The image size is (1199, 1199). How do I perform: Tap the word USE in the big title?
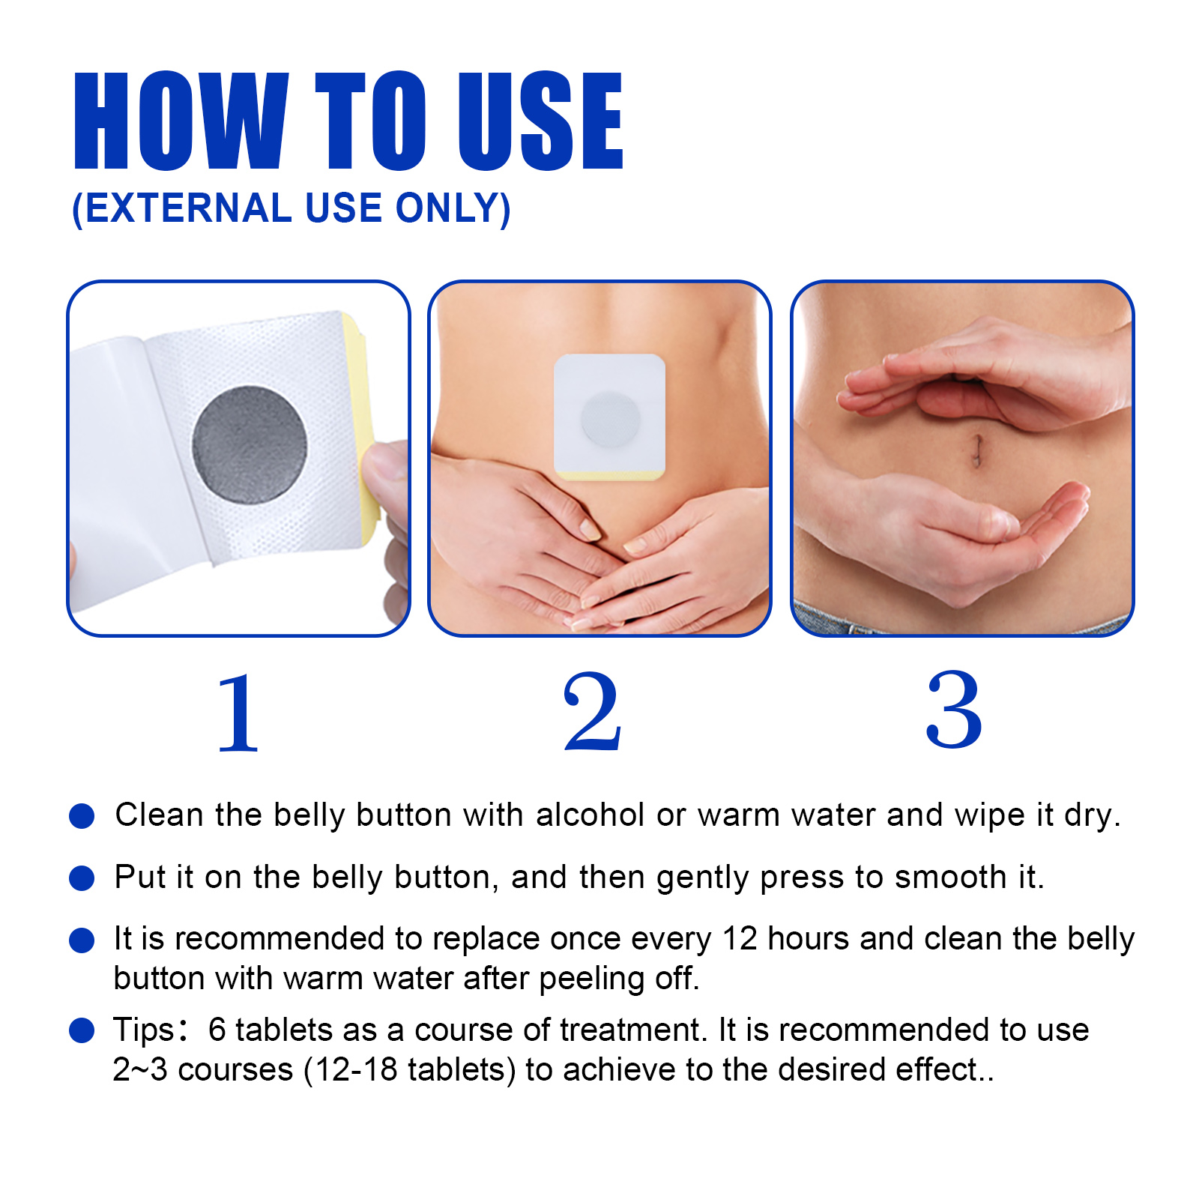click(540, 121)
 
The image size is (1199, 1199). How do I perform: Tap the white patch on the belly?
click(608, 416)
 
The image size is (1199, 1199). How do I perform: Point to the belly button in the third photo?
click(976, 450)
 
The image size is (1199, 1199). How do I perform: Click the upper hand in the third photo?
click(997, 375)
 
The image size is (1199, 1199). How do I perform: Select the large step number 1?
click(238, 713)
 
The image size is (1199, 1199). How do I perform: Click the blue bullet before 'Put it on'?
click(81, 878)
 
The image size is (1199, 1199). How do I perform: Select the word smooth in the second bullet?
click(950, 878)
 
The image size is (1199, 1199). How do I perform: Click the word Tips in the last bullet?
click(143, 1030)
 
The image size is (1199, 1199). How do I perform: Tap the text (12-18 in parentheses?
click(351, 1070)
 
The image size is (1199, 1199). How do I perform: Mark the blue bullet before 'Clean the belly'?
click(81, 815)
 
